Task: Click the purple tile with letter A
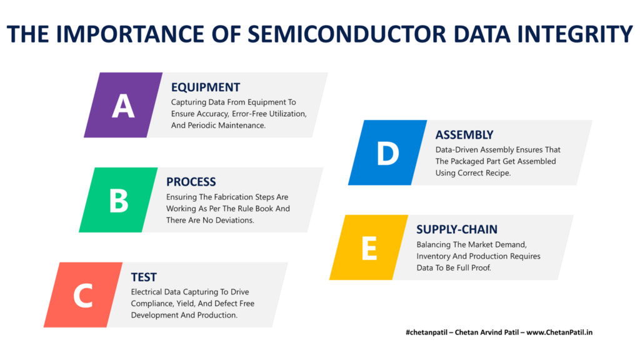123,105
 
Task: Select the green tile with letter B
118,200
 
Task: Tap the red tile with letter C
82,295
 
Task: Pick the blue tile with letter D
387,153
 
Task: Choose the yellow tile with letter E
369,247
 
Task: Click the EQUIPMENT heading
206,87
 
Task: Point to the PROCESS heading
191,182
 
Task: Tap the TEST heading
144,277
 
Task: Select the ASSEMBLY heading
464,134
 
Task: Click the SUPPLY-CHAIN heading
457,229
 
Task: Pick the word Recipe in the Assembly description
497,172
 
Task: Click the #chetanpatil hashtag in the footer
429,332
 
